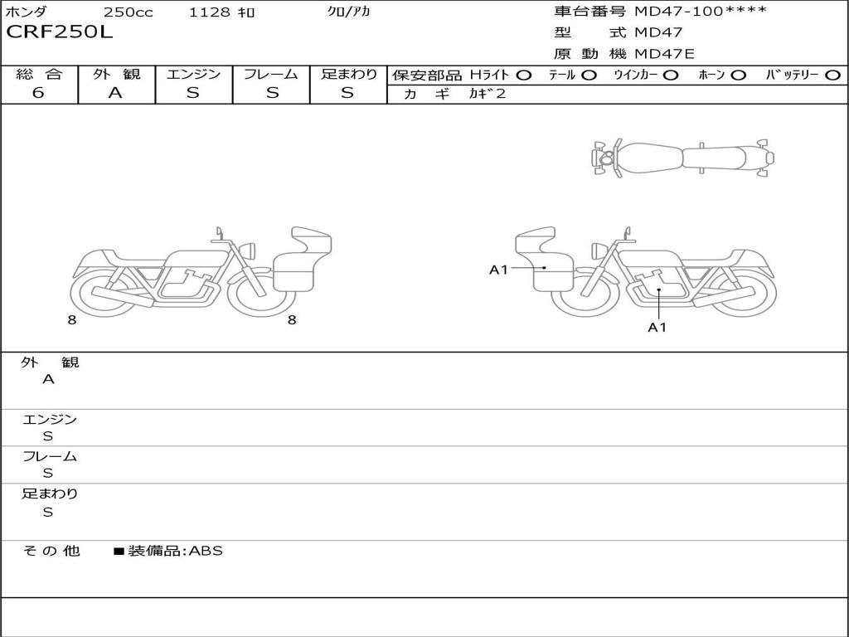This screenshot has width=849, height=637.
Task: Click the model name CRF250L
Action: point(59,32)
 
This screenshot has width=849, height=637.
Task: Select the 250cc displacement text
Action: point(129,12)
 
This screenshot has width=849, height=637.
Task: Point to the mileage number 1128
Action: point(210,12)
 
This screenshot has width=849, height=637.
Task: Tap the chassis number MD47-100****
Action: point(701,12)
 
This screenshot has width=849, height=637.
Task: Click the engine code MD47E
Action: point(664,54)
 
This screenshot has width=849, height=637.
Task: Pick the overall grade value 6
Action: point(38,93)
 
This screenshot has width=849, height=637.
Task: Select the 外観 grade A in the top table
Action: point(115,93)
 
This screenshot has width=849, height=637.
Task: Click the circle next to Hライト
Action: point(524,75)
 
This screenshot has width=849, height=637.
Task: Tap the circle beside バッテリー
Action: point(832,75)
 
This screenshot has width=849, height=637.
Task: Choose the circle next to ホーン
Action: point(739,75)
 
